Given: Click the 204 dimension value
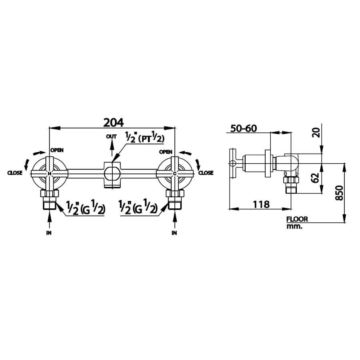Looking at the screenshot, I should coord(114,122).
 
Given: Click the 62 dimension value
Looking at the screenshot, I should coord(316,178).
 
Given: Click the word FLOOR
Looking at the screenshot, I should coord(297,219).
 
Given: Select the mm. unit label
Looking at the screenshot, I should coord(294,226).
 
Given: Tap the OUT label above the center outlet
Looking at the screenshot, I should coord(111,136).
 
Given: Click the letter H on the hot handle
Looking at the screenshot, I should coord(49,174).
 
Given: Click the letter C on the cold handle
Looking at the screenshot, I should coord(175,174).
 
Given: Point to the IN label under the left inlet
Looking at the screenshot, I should coord(49,232).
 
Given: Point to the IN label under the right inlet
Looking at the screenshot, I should coord(174,232).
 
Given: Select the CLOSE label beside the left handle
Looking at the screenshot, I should coord(15,173).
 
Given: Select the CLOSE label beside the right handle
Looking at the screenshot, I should coord(206,173).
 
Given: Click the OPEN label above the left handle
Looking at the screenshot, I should coord(57,150).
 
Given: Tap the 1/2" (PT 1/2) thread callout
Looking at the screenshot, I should coord(145,138).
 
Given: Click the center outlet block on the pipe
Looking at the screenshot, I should coord(112,174).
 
